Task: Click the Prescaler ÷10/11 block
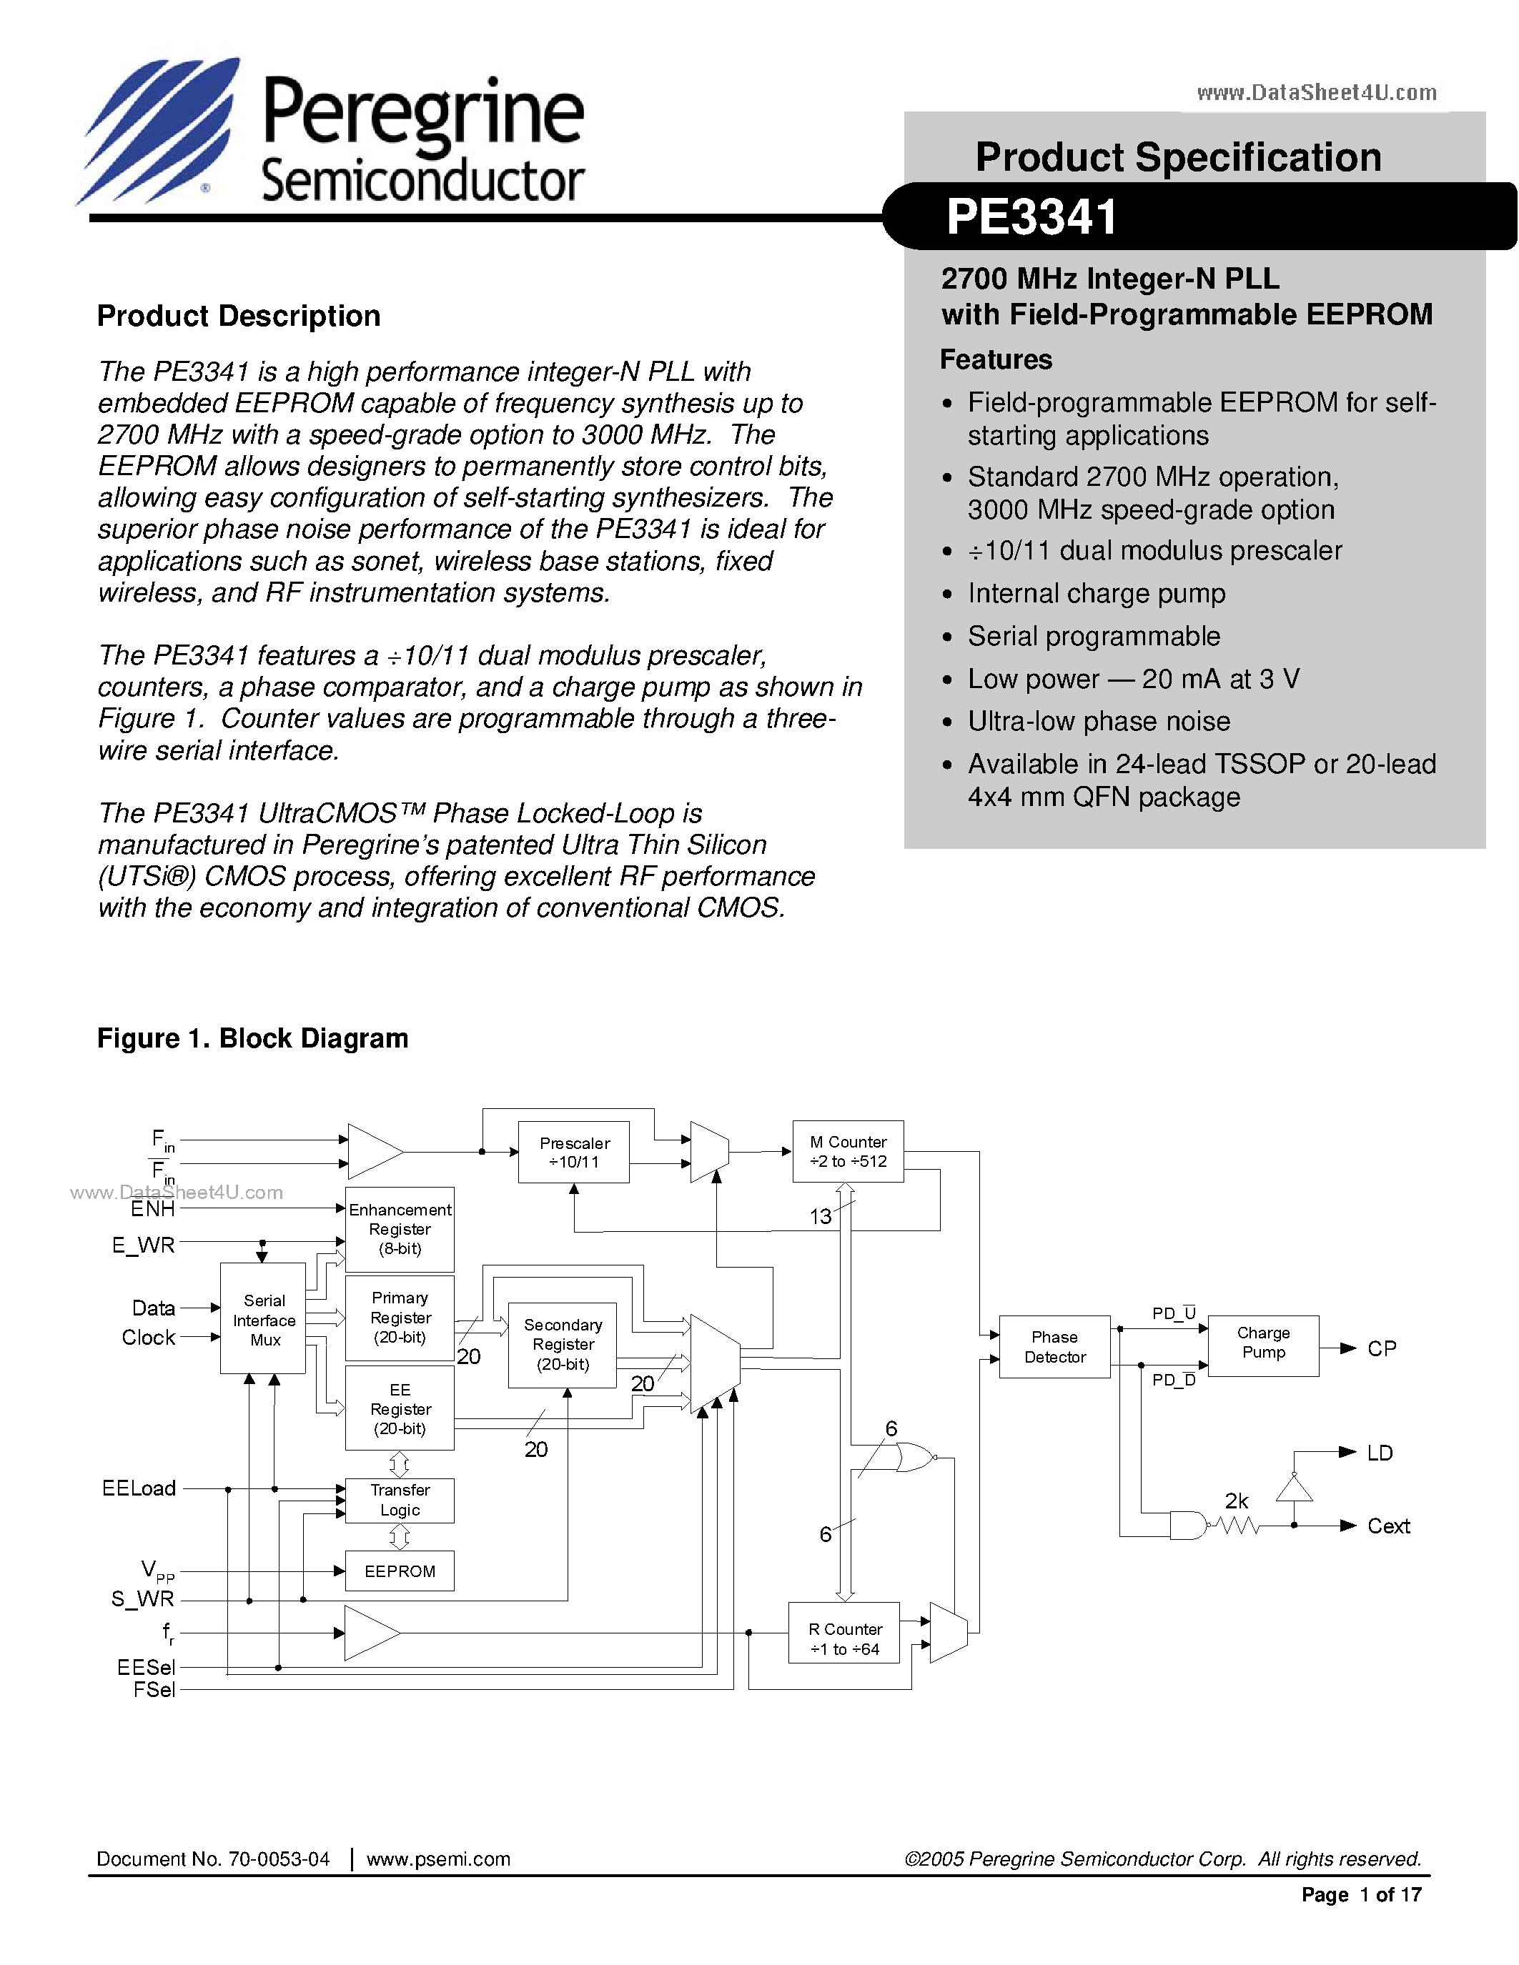(573, 1152)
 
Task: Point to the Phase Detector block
(1054, 1347)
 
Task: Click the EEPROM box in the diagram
(400, 1571)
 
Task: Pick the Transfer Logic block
(400, 1500)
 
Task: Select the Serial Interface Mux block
(263, 1320)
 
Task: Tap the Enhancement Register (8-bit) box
(400, 1229)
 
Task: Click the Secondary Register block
(563, 1344)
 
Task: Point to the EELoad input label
(139, 1488)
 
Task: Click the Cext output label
(1387, 1526)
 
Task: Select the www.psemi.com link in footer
(438, 1859)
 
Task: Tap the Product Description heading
(239, 316)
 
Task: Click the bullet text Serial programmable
(1094, 636)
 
